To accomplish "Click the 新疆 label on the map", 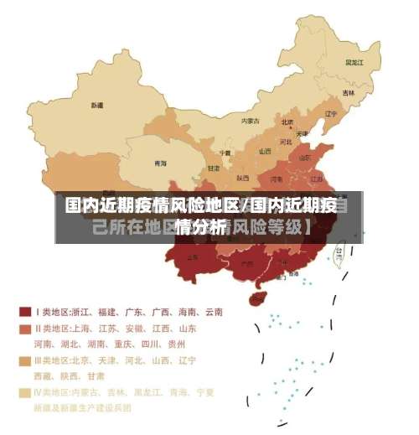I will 97,106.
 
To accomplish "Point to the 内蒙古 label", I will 250,121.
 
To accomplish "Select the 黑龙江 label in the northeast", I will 354,62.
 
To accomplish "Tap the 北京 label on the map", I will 287,122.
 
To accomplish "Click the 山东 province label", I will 306,157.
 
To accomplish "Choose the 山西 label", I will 265,152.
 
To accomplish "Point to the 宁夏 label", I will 225,153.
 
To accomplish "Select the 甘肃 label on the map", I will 214,168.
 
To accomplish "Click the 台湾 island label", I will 339,251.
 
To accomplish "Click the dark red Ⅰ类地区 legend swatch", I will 25,312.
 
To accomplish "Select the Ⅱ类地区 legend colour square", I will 25,329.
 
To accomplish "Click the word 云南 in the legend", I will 211,312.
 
